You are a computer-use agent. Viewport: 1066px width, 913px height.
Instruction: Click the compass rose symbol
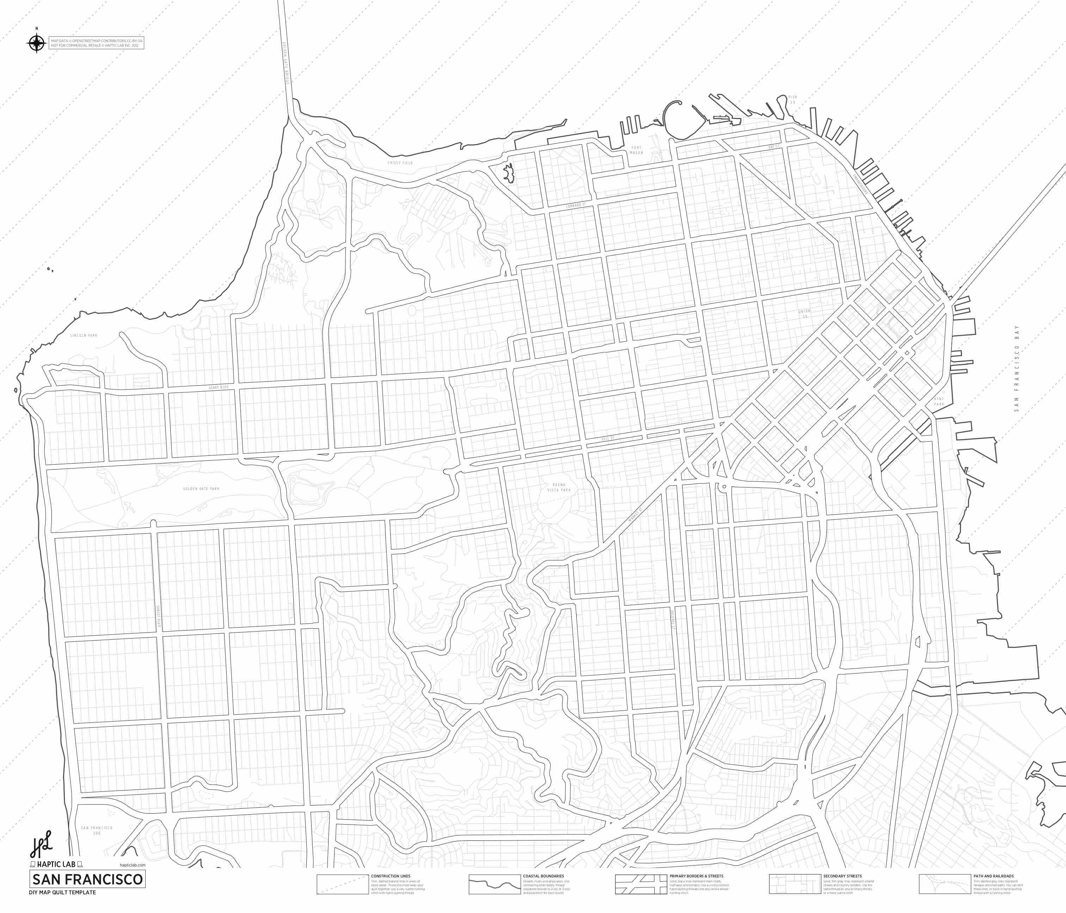37,43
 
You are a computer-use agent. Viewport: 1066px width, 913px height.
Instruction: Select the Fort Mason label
636,150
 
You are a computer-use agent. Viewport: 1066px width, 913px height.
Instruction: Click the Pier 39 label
792,100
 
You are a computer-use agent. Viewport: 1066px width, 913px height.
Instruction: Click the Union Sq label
804,313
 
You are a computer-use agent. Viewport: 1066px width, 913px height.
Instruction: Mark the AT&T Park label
939,402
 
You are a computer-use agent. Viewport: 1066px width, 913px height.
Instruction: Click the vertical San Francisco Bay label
1016,368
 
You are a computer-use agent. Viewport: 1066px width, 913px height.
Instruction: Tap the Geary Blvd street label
218,387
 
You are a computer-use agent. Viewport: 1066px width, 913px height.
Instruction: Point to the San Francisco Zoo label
97,830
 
